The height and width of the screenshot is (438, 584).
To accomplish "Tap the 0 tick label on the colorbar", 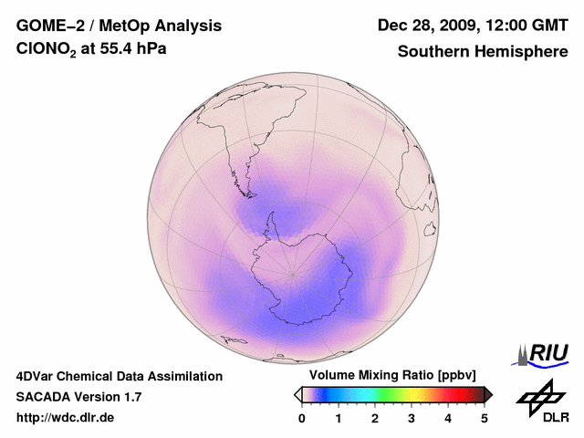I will tap(302, 418).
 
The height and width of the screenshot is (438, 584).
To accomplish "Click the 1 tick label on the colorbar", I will tap(339, 418).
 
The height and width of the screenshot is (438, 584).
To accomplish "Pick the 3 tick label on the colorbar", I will tap(412, 418).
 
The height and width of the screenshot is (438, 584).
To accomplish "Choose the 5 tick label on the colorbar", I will tap(485, 418).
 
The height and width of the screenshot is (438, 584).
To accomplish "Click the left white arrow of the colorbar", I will tap(297, 394).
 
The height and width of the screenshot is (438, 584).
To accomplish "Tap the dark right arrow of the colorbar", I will tap(489, 394).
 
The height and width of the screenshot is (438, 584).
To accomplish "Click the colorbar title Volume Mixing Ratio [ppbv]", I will tap(389, 375).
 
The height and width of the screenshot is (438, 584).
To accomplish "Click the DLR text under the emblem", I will tap(556, 417).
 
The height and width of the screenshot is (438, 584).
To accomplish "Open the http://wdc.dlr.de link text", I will tap(66, 417).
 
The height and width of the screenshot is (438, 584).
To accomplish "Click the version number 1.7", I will tap(131, 397).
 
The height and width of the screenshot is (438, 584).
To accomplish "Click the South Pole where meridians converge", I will tap(292, 274).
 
